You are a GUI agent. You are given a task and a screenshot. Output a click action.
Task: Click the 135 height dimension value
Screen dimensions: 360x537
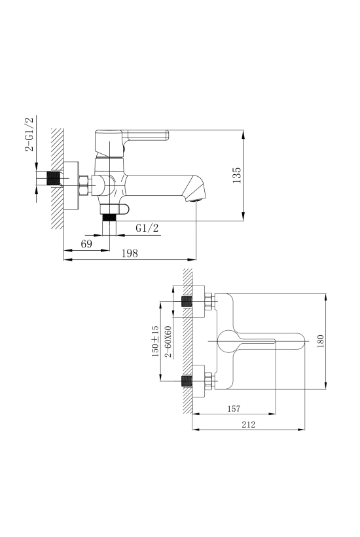237,175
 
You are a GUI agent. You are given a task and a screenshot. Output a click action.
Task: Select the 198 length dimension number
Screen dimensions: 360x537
130,253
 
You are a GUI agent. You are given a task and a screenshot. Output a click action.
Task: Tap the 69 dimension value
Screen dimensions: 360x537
86,244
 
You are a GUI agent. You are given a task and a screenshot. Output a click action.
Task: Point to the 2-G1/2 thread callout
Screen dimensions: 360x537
29,134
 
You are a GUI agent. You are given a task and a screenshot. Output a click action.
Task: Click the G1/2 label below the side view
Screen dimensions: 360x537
147,228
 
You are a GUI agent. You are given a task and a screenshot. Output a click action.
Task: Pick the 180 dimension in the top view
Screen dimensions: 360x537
320,341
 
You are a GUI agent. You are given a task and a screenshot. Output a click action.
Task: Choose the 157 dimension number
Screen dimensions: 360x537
234,409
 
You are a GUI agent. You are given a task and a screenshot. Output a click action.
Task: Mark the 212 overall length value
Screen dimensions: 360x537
249,424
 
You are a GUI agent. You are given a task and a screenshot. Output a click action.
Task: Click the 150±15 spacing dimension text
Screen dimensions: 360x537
155,341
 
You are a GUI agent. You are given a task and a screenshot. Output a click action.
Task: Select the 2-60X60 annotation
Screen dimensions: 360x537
168,342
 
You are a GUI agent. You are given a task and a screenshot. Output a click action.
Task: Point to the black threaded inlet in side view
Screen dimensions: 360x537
53,179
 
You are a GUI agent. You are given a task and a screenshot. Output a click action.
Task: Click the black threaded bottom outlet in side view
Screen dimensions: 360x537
110,217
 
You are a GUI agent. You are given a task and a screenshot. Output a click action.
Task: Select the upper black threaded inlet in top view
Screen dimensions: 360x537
187,301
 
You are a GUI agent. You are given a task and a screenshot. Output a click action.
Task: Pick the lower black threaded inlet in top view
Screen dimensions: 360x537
187,381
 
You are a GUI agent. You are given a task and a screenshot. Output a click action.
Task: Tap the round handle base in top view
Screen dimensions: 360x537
227,341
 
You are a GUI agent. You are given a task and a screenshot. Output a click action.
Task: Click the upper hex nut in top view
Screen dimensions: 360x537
209,301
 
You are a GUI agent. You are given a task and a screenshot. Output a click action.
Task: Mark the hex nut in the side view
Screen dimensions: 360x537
84,185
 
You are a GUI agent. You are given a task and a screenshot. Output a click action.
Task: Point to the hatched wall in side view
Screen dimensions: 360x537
58,178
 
